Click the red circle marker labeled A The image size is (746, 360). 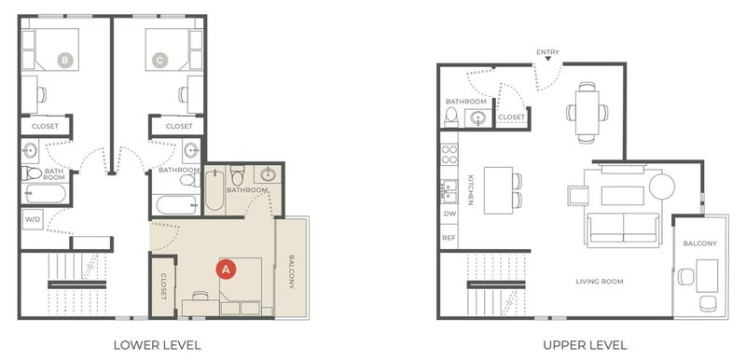tap(226, 270)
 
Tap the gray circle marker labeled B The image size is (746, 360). tap(65, 61)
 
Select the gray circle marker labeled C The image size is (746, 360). tap(159, 61)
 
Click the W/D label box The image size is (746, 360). tap(33, 219)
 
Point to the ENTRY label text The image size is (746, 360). tap(547, 52)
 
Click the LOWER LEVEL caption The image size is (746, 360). tap(157, 345)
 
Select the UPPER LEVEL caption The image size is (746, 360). tap(585, 345)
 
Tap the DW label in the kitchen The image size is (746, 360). tap(449, 214)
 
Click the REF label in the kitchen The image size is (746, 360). tap(449, 238)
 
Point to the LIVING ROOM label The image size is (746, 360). tap(600, 282)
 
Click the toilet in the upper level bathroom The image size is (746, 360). tap(451, 117)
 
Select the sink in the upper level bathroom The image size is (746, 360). tap(477, 118)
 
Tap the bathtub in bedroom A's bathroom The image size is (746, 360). tap(214, 188)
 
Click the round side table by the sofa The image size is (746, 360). tap(662, 187)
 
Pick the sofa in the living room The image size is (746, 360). tap(623, 228)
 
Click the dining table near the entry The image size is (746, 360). tap(587, 113)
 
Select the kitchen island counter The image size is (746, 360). tap(498, 190)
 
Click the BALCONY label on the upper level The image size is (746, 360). tap(700, 243)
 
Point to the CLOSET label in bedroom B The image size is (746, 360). tap(45, 126)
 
